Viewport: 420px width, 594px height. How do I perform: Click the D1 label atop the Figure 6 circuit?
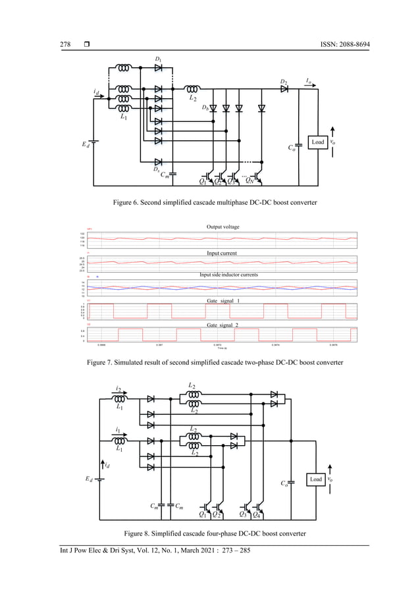pyautogui.click(x=158, y=60)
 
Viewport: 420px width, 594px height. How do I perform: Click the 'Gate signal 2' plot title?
pyautogui.click(x=221, y=325)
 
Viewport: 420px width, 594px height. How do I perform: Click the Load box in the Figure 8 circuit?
pyautogui.click(x=316, y=479)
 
